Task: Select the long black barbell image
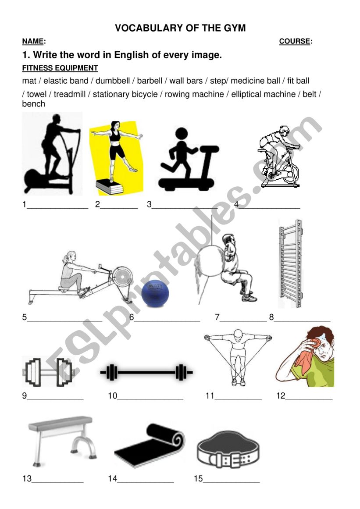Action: (x=146, y=373)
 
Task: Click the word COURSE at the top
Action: (x=295, y=42)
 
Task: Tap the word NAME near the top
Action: (x=33, y=42)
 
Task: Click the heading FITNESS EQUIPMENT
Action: (x=60, y=68)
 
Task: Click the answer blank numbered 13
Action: (x=57, y=481)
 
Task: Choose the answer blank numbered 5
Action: (x=64, y=320)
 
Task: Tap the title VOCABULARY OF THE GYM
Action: (x=180, y=28)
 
